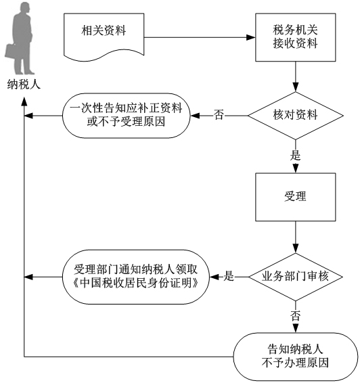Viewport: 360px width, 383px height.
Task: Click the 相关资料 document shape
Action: point(104,37)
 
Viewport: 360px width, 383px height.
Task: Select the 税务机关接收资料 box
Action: point(296,37)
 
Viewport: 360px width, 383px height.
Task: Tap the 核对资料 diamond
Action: point(296,116)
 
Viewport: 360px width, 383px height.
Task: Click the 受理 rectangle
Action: point(296,197)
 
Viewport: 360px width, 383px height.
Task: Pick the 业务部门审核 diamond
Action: point(296,277)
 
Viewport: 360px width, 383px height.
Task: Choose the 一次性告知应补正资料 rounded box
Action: point(127,116)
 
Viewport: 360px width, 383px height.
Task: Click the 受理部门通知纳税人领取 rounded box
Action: point(136,277)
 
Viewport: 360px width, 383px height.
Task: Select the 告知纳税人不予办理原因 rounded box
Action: point(296,357)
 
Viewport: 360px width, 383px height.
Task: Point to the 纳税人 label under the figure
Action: point(24,85)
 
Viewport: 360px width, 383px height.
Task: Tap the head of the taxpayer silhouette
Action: point(25,8)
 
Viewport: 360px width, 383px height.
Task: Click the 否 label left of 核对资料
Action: point(219,114)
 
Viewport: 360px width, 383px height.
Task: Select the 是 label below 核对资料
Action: point(295,155)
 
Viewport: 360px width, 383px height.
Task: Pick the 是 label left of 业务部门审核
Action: point(229,276)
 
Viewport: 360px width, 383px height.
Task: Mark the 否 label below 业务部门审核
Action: point(295,315)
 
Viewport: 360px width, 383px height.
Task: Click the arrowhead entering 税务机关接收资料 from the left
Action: point(251,37)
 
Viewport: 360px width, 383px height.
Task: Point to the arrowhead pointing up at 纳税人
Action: point(24,102)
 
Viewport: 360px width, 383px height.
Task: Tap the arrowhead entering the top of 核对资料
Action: point(296,87)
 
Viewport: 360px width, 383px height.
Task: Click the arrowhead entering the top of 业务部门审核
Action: point(296,248)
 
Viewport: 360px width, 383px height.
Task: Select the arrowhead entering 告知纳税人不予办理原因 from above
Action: point(296,328)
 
